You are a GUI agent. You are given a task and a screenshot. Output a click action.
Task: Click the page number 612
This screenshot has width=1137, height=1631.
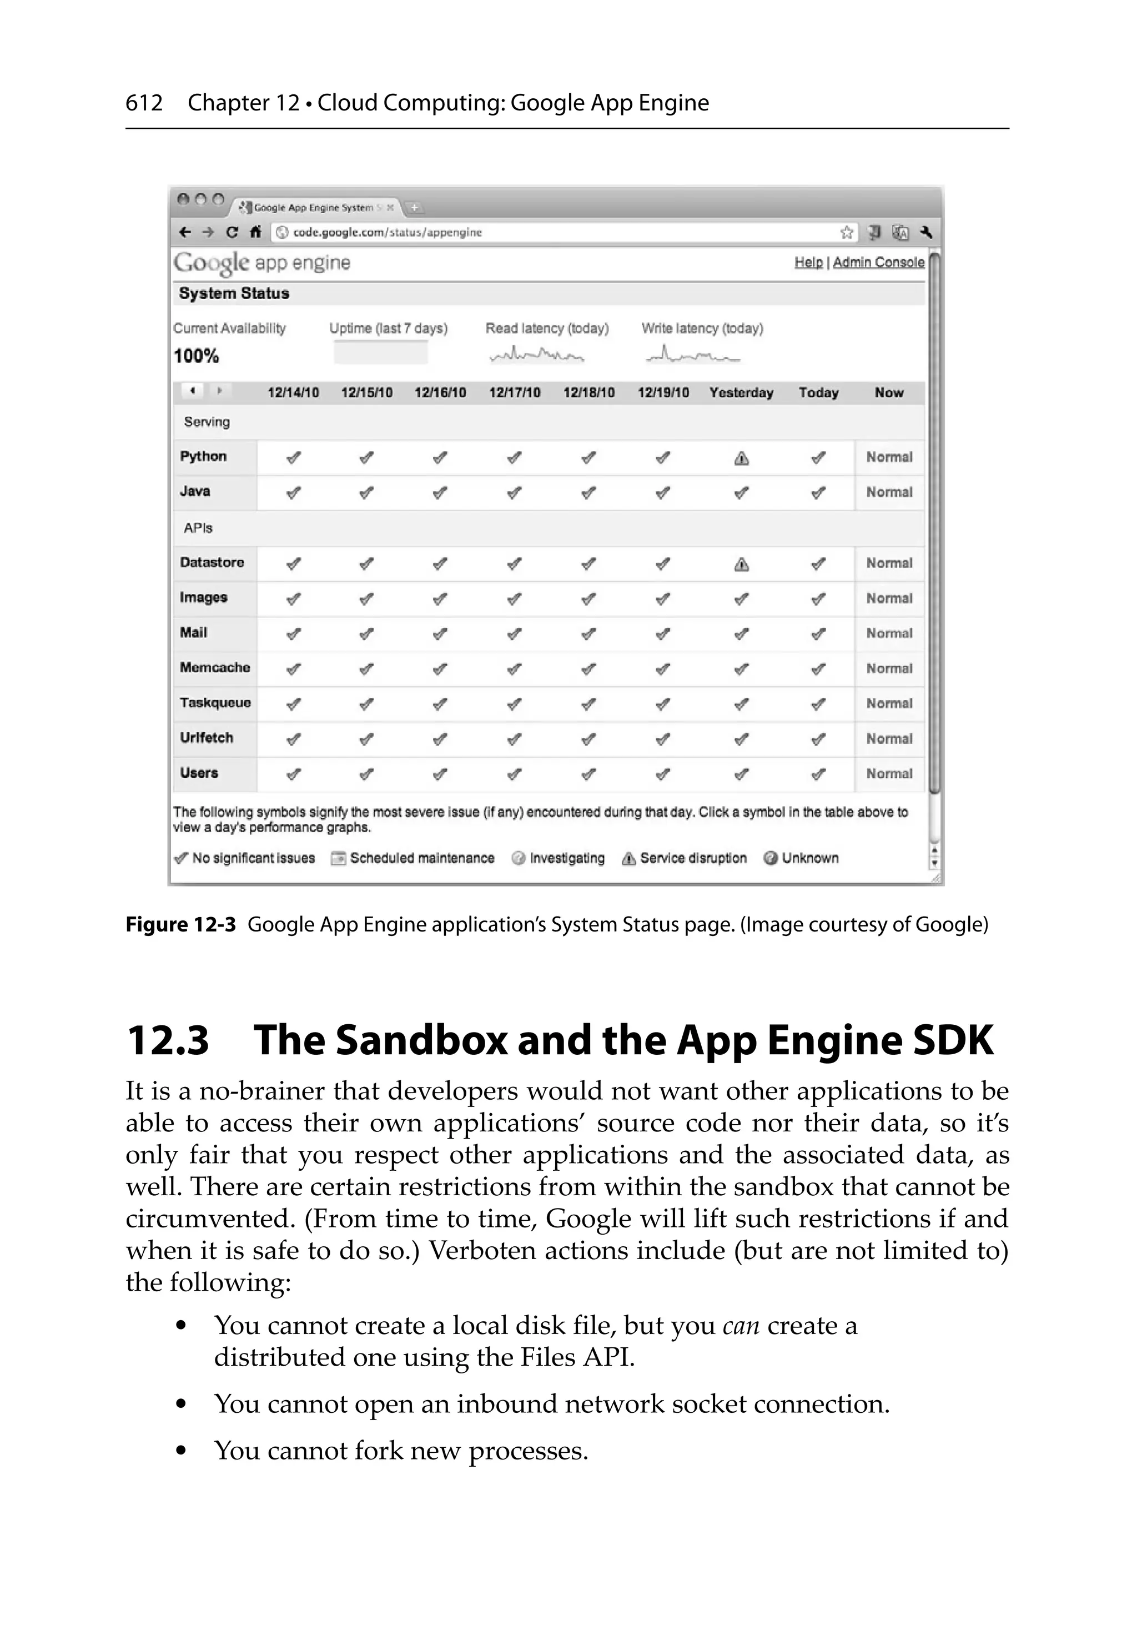point(144,103)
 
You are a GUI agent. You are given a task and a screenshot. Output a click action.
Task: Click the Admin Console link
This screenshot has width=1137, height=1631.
point(878,262)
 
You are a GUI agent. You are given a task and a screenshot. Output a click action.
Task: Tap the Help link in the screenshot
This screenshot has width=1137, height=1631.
point(808,262)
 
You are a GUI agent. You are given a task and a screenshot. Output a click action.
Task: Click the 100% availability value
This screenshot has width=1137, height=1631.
point(196,356)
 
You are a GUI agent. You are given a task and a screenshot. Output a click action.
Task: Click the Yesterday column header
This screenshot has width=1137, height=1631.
point(741,392)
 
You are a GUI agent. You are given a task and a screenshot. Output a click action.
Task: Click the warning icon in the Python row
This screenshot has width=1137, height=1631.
point(741,458)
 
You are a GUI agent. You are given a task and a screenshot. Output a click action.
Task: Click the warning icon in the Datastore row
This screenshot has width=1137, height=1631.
point(741,564)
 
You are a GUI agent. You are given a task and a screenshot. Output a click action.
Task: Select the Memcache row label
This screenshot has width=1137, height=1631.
point(215,667)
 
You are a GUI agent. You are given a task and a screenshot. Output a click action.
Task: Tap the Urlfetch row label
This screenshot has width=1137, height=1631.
point(206,737)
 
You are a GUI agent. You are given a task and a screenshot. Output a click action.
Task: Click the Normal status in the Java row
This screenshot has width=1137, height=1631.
point(889,491)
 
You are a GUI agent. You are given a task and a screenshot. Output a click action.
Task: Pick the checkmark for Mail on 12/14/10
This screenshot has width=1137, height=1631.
point(293,633)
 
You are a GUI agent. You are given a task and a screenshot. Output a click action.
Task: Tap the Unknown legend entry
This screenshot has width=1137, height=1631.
point(801,858)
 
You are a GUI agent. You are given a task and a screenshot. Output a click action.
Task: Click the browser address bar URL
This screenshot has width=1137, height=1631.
point(388,232)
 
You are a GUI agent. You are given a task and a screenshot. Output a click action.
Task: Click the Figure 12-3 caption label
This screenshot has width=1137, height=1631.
point(180,924)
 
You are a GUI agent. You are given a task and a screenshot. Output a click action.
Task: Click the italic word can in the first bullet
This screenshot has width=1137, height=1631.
point(741,1326)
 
